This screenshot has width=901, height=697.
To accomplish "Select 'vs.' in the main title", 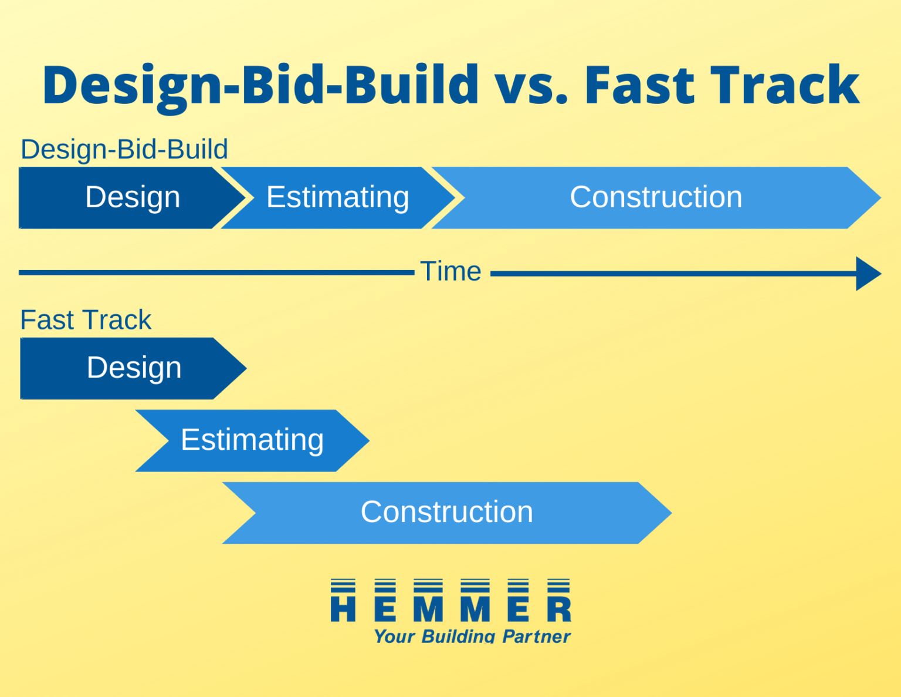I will point(531,86).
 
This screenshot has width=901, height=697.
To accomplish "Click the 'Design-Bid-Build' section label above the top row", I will point(124,150).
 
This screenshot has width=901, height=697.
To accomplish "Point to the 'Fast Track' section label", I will point(86,320).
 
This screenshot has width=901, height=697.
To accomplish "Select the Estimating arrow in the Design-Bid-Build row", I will point(337,197).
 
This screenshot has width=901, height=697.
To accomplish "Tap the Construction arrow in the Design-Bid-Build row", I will point(656,197).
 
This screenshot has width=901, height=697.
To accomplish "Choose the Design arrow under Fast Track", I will point(134,368).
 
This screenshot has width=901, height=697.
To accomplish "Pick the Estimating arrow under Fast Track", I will point(252,440).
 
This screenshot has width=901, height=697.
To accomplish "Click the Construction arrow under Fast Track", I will point(446,513).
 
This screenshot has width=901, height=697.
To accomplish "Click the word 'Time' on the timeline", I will point(450,272).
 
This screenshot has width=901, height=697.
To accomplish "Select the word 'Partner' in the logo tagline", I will point(536,637).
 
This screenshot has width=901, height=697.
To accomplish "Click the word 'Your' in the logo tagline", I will point(395,637).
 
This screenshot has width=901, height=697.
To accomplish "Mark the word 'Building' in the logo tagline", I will point(459,637).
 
